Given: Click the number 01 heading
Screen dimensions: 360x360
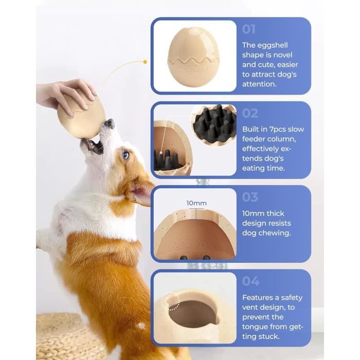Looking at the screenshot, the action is click(248, 29).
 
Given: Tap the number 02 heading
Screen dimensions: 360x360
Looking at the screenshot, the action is click(250, 113).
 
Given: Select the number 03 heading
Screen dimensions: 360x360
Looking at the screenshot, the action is click(250, 197).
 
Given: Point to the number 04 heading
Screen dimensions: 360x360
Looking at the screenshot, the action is click(251, 281).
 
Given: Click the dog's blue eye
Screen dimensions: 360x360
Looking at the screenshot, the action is click(125, 155).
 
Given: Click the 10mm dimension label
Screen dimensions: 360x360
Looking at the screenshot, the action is click(196, 203).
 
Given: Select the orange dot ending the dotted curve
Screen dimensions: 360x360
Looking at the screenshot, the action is click(145, 62).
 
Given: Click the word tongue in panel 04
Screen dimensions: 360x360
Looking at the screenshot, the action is click(256, 327).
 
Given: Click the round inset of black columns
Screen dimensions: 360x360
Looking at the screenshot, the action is click(213, 125).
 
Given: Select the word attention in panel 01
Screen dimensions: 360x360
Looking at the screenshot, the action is click(259, 84).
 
